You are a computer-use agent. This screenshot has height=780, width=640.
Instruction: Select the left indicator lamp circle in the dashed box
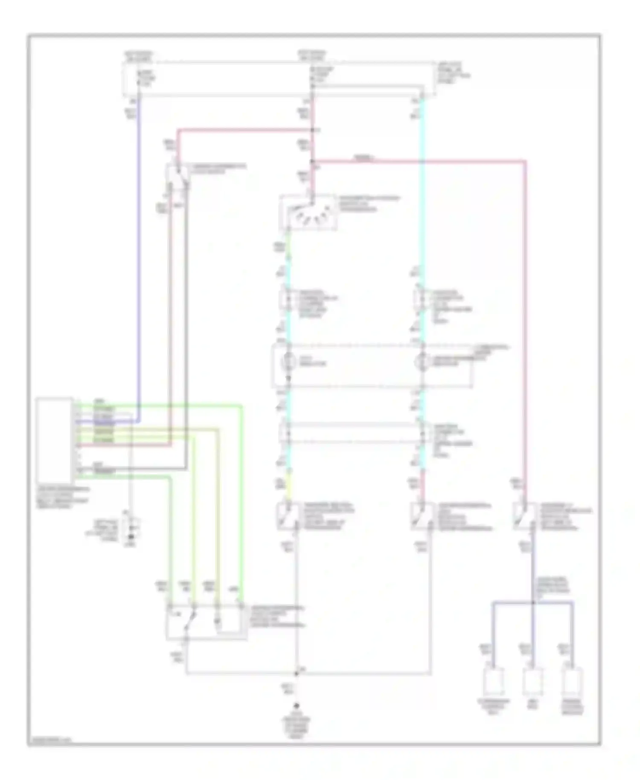click(288, 361)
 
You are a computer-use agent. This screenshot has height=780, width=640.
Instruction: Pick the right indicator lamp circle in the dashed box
click(422, 361)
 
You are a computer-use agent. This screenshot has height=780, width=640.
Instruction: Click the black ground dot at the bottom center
click(296, 707)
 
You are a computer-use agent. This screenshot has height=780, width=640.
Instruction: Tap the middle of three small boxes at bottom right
click(533, 682)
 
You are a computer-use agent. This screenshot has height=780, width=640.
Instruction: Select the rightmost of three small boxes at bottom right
click(573, 682)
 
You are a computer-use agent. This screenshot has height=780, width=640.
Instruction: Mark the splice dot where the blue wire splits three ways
click(533, 602)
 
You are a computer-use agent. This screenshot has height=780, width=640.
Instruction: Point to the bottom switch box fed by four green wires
click(206, 622)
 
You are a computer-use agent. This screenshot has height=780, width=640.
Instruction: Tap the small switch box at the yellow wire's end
click(288, 516)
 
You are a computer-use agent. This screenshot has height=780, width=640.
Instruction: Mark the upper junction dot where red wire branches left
click(312, 130)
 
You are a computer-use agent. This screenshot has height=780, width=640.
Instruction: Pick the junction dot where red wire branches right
click(312, 161)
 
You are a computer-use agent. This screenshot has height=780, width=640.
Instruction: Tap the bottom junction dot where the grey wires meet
click(296, 674)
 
